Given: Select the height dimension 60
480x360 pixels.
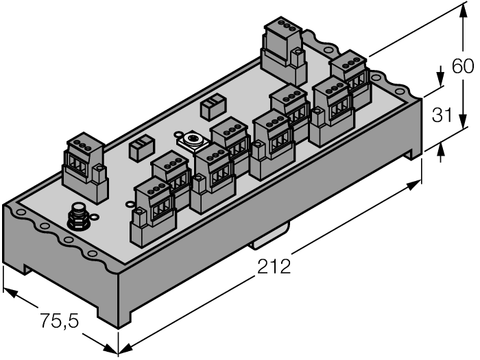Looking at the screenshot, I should coord(463,67).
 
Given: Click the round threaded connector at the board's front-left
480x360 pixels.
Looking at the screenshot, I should coord(77,217).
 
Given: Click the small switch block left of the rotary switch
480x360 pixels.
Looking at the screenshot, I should coord(142,148).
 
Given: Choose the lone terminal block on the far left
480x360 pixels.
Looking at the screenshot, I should coord(85,169).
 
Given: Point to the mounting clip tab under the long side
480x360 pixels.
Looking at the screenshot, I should coord(263,241).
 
